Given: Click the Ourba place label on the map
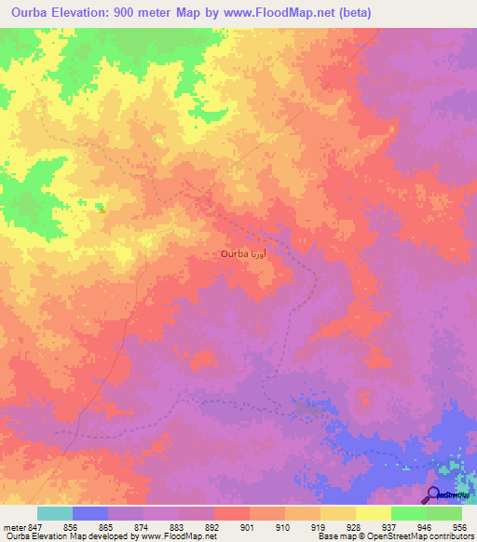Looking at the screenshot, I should [x=234, y=253].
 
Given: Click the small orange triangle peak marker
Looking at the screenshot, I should [x=102, y=209].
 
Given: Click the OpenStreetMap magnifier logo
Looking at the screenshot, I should [x=433, y=495].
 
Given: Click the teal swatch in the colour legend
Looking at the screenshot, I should [x=55, y=513].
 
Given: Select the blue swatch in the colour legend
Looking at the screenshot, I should [x=90, y=513].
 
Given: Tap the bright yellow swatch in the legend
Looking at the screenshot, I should [x=373, y=513].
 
